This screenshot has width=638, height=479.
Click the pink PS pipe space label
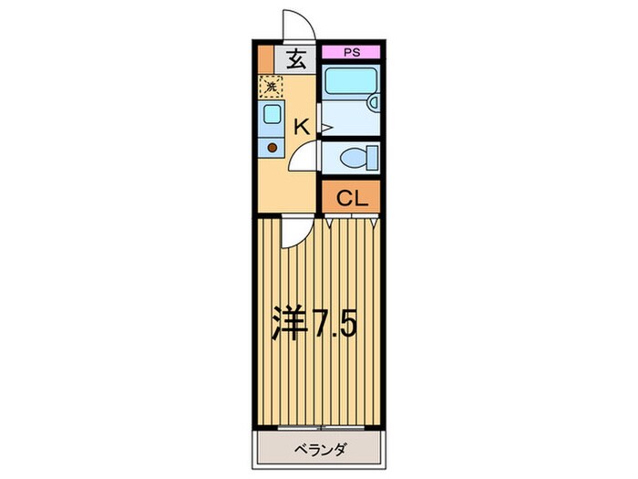pos(351,53)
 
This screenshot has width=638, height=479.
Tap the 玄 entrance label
pos(296,60)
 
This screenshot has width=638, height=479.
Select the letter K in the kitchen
pos(302,128)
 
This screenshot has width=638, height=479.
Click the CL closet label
pos(351,197)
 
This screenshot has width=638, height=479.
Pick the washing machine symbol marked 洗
pos(271,87)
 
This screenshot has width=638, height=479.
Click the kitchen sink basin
pos(271,115)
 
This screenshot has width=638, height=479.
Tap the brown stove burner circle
pos(271,146)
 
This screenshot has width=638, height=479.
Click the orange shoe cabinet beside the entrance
pos(264,60)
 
